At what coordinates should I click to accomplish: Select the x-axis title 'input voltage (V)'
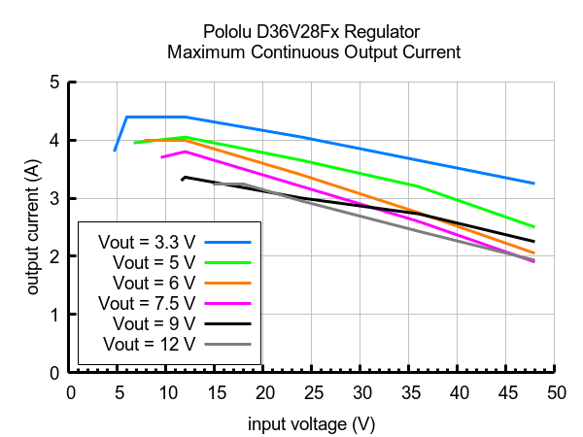[x=311, y=424]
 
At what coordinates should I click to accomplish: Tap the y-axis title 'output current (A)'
[x=33, y=226]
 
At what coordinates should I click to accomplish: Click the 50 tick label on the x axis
[x=555, y=392]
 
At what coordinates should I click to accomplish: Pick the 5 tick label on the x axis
[x=118, y=392]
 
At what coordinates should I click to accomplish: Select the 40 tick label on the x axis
[x=458, y=392]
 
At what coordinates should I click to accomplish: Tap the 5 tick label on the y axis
[x=54, y=83]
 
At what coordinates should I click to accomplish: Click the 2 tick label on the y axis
[x=54, y=256]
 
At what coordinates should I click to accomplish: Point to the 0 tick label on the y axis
[x=54, y=373]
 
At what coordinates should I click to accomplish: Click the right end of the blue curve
[x=534, y=183]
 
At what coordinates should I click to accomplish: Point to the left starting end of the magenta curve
[x=162, y=156]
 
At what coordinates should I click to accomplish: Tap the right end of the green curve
[x=534, y=226]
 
